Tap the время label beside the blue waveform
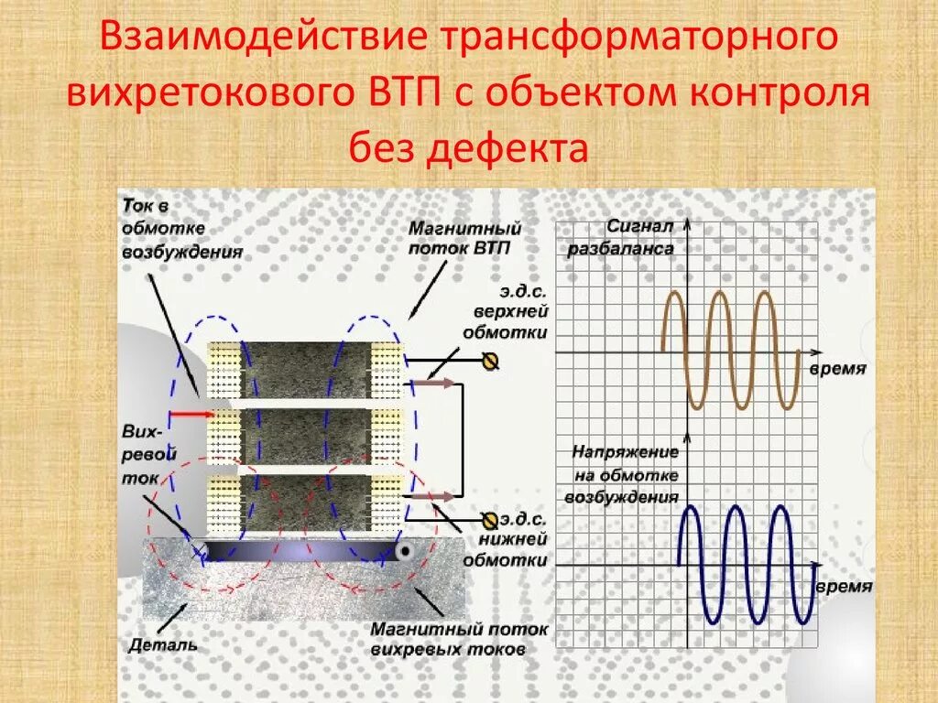(x=844, y=587)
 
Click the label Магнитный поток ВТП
(x=464, y=237)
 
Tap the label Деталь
(x=163, y=644)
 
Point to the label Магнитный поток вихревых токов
(x=459, y=639)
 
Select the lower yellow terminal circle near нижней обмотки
(x=490, y=520)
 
